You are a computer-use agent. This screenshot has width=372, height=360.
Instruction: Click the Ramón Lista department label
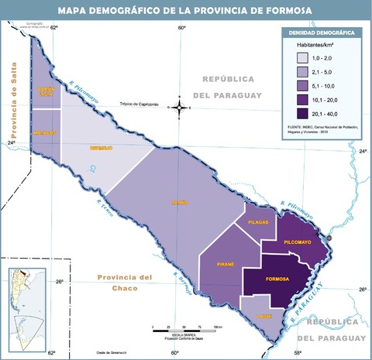pos(46,92)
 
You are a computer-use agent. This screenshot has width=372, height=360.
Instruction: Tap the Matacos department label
pos(46,132)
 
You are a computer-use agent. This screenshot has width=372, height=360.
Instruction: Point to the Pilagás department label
pos(258,221)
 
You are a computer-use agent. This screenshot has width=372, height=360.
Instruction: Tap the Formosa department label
pos(277,278)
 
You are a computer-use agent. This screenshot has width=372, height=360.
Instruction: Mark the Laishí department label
pos(264,317)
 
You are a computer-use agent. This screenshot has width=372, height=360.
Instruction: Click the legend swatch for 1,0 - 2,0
pos(298,58)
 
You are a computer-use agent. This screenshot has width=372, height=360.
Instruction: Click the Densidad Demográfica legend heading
pos(322,33)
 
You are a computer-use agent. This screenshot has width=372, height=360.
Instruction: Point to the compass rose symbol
pos(180,107)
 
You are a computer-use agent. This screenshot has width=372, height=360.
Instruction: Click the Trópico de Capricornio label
pos(139,105)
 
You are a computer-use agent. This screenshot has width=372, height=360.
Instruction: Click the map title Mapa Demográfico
pos(185,10)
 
